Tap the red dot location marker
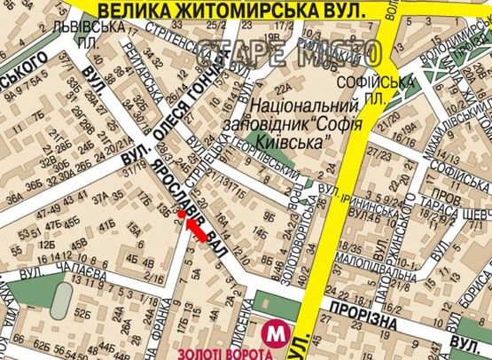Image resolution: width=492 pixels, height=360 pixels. (181, 214)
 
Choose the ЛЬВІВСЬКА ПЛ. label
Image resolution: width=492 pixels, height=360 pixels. (99, 35)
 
